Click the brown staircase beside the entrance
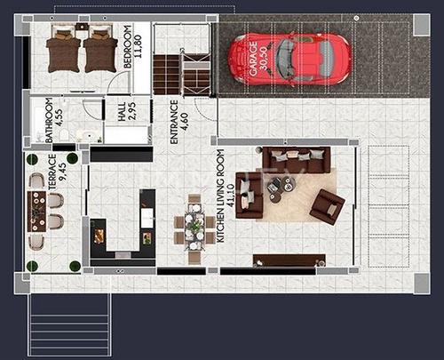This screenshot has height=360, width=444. point(167,74)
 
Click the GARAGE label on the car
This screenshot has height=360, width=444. point(260,59)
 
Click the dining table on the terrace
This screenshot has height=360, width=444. point(37,210)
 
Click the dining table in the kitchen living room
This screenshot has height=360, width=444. point(194,228)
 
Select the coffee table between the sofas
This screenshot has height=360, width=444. point(287,187)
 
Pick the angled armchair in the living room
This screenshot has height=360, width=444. point(326,207)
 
